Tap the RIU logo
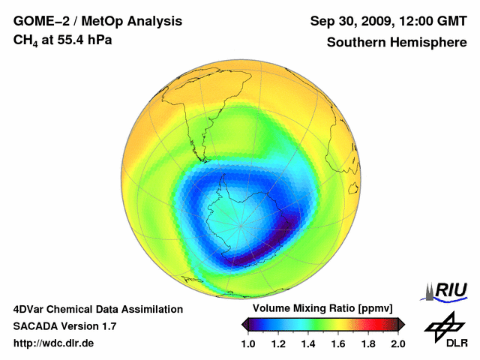coord(447,290)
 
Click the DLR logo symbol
coord(442,325)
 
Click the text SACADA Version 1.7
coord(64,326)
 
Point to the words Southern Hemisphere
coord(396,43)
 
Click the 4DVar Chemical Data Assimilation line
coord(97,309)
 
